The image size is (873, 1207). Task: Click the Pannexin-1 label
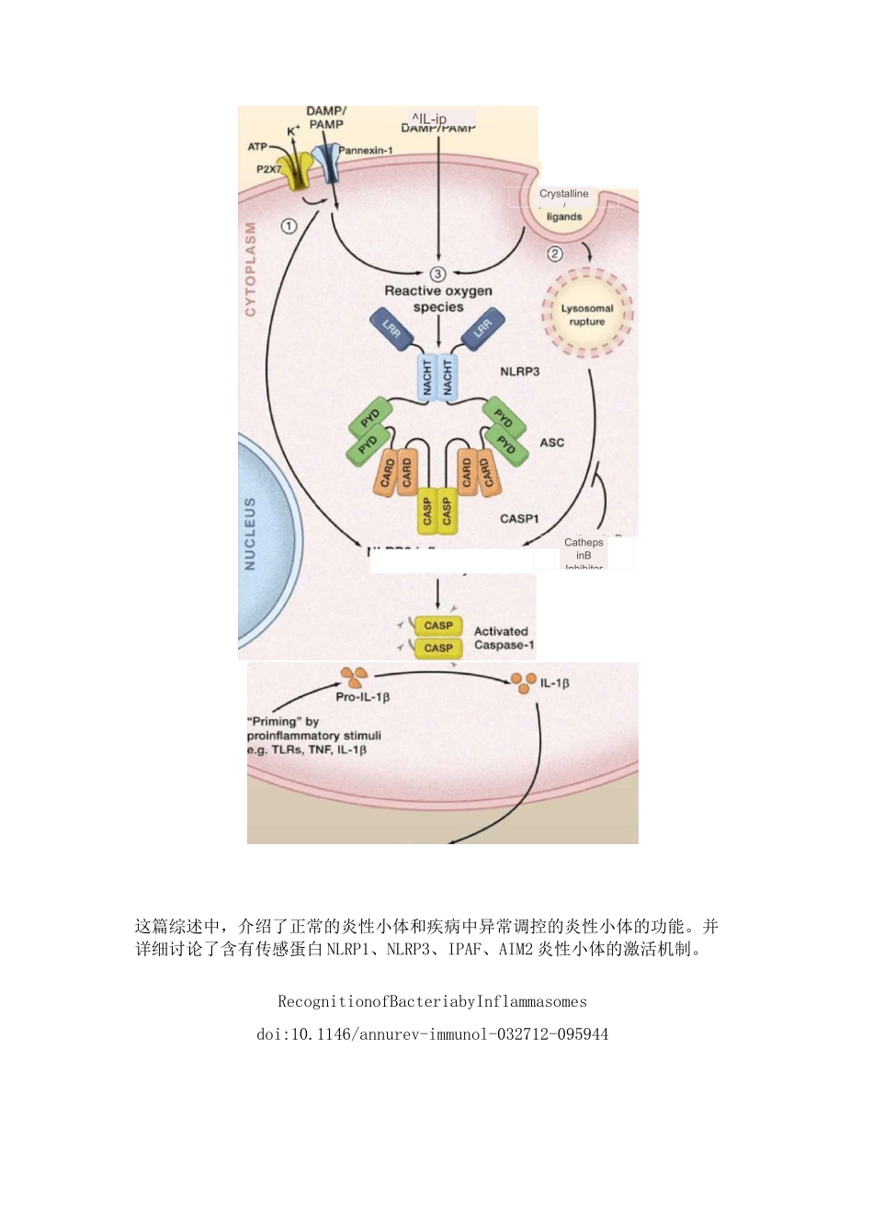pos(366,150)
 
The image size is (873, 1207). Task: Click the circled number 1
pos(289,226)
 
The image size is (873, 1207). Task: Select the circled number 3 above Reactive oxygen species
pos(437,274)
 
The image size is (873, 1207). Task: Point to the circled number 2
pos(555,254)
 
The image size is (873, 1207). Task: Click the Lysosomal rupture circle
pos(587,315)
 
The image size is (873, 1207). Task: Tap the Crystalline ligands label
pos(564,205)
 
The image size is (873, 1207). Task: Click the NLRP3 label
pos(519,372)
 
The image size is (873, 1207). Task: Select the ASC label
pos(551,443)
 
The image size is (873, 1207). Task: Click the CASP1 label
pos(519,519)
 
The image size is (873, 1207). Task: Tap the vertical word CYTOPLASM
pos(250,269)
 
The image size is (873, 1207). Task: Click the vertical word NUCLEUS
pos(250,534)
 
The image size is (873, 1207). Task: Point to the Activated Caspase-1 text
pos(503,638)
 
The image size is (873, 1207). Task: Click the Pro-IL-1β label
pos(363,697)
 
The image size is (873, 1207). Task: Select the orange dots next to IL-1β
pos(523,682)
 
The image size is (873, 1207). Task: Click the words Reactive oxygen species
pos(438,299)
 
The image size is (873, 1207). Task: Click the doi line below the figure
pos(432,1034)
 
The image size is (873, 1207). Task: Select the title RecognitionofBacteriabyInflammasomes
pos(432,1001)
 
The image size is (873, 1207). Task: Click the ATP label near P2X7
pos(257,147)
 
